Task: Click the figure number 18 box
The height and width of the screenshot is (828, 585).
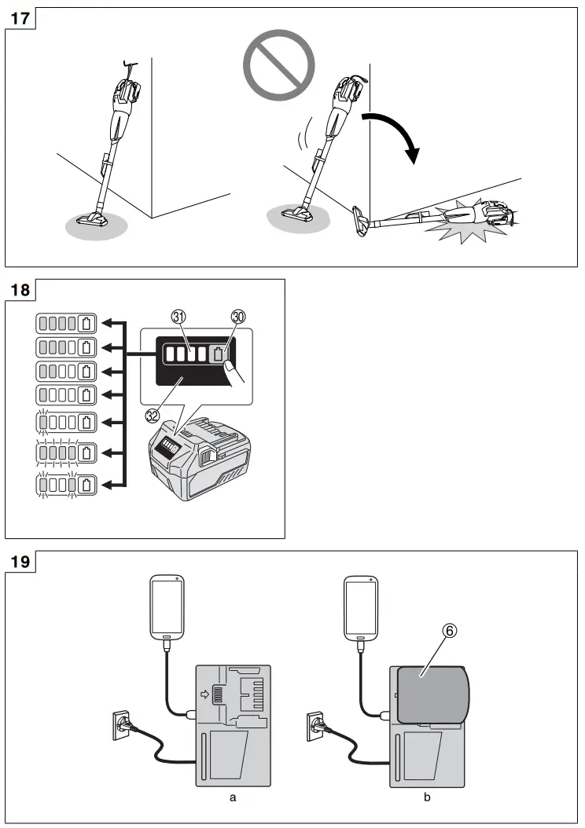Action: point(21,290)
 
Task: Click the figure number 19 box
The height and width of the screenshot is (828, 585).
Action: point(21,562)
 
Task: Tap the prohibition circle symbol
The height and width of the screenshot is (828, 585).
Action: point(278,62)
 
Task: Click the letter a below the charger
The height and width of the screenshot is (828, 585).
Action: point(233,797)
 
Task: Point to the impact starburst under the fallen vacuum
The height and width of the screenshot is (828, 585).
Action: point(456,224)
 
